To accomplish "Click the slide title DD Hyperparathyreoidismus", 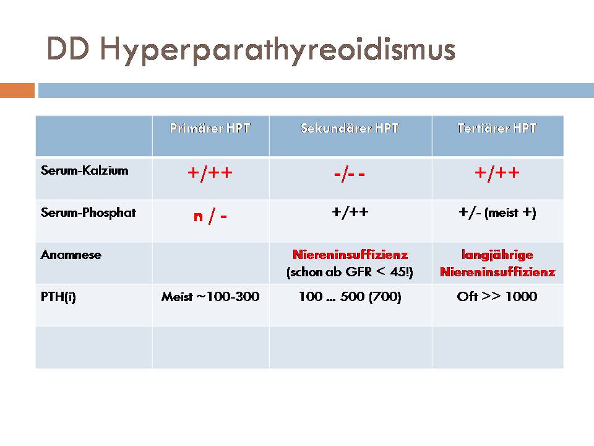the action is point(251,50).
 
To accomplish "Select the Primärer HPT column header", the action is point(210,128).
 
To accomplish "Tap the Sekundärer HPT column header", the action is point(350,128).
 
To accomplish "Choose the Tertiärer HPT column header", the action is point(497,128).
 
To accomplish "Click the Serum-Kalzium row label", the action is point(85,170).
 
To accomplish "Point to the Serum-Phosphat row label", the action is point(88,212).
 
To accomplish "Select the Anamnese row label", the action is point(71,255).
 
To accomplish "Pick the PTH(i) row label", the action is point(58,297).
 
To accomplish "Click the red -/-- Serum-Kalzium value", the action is point(349,175).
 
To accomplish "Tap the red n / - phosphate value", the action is point(210,217).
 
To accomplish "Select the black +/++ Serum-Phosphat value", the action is point(350,212).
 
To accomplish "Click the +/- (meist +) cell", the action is point(497,212).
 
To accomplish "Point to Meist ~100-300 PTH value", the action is point(210,296).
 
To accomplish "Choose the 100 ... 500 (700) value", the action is point(350,297).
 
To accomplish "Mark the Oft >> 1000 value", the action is point(497,296).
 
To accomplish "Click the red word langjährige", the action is point(497,255).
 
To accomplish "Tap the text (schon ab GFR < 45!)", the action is point(350,272).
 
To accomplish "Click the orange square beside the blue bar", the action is point(17,90).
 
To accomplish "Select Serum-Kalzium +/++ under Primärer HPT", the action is point(210,173).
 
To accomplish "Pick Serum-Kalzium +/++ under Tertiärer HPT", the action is point(497,173).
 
